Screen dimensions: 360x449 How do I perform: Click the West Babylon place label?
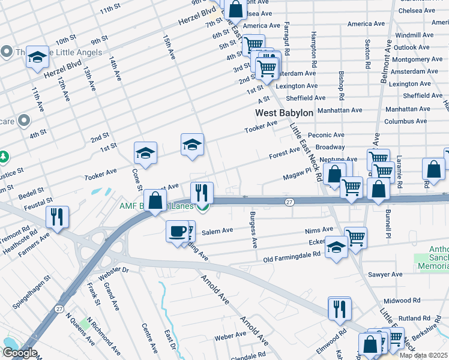coord(284,113)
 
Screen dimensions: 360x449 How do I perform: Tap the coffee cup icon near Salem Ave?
coord(177,231)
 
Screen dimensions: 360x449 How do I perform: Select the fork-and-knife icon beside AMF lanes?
coord(202,193)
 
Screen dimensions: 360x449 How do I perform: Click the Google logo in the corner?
coord(19,353)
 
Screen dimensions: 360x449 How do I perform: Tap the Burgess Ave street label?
coord(254,230)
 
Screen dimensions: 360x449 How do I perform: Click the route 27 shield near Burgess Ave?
coord(289,202)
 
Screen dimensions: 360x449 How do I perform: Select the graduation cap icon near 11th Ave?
coord(37,57)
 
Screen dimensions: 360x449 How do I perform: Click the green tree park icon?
coord(4,157)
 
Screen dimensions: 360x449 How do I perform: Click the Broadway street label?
coord(330,147)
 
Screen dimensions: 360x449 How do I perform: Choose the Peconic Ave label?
coord(326,136)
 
